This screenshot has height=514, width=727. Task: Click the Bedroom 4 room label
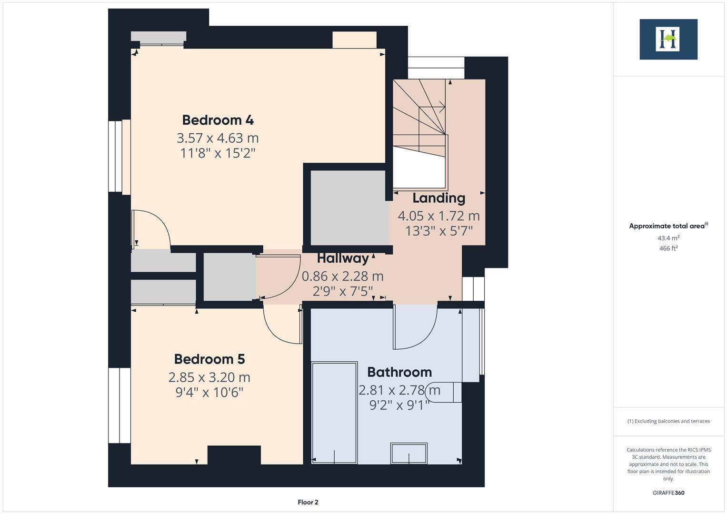218,119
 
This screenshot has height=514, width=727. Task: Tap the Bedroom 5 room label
209,359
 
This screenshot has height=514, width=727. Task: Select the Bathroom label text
399,372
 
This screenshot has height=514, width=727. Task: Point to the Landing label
438,198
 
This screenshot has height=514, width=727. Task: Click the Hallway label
343,258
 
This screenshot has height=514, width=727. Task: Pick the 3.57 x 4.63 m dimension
218,138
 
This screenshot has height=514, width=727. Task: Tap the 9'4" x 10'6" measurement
209,393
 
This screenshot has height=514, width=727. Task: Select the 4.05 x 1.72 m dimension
438,216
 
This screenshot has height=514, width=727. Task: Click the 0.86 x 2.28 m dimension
342,276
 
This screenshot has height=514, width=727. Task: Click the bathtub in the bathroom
334,412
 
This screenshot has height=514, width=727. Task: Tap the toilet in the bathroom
445,392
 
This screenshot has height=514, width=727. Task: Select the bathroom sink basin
409,453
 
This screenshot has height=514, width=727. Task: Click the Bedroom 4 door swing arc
151,229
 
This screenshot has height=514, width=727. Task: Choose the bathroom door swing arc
415,327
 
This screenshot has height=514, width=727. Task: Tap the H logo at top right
668,39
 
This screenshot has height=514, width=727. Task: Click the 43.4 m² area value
668,238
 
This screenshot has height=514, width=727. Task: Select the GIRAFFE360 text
668,493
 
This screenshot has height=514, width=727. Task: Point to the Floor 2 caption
308,502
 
